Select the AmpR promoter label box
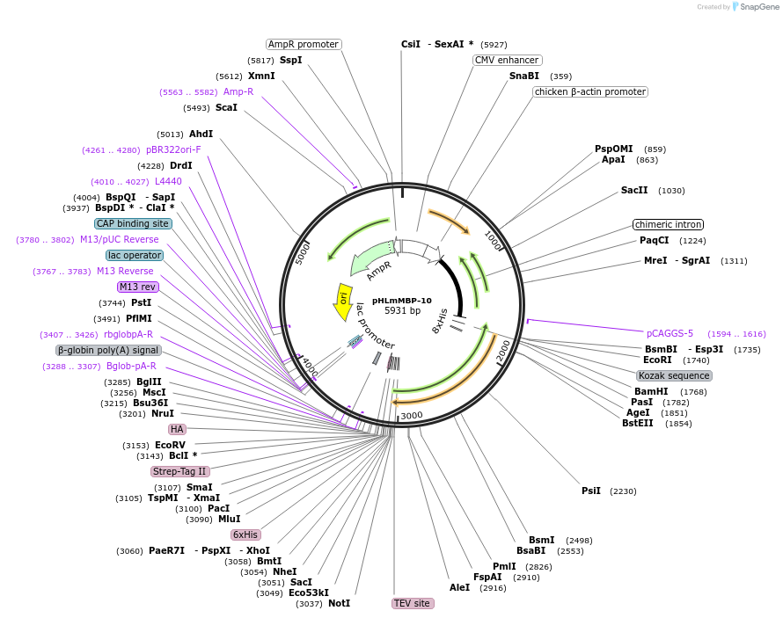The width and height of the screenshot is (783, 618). point(304,44)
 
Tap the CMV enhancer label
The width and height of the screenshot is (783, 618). point(507,60)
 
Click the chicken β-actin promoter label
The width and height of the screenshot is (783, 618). point(589,91)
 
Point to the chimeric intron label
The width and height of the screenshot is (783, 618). point(669,224)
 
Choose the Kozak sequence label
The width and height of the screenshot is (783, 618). point(674,375)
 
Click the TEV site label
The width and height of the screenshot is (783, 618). point(412,603)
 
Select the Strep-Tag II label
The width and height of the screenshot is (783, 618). point(179,471)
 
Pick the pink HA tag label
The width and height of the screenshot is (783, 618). point(178,429)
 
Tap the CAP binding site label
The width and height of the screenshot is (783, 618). point(133,223)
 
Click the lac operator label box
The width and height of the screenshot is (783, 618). point(135,255)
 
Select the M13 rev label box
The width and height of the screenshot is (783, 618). point(137,287)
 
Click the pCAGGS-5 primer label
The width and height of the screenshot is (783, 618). point(670,333)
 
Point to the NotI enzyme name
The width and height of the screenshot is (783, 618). point(339,603)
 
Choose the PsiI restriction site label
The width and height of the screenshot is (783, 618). point(590,491)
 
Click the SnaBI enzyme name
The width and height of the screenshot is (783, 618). point(523,76)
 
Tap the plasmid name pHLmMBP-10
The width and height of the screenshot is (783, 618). point(402,300)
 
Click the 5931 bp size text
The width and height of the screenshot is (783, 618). point(402,311)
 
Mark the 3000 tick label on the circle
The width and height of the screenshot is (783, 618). point(412,415)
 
